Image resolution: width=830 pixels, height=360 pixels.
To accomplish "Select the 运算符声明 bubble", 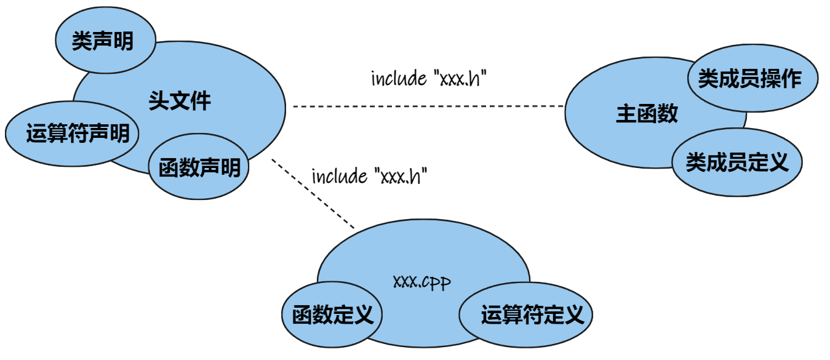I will point(73,133).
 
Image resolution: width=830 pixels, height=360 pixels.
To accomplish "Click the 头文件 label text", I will point(180,101).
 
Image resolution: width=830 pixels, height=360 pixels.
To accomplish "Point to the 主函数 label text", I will point(647,114).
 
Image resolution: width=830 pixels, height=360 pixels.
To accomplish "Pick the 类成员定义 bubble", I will point(736,162).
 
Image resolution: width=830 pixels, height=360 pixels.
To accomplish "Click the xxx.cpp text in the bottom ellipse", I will point(422,282).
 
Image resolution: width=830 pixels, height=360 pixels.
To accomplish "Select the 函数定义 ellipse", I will point(332,315).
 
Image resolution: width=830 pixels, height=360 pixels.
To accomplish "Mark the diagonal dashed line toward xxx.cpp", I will point(314,194).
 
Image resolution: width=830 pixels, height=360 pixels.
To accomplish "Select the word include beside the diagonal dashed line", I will point(340,177).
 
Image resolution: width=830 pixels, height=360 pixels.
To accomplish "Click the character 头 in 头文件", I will point(159,101).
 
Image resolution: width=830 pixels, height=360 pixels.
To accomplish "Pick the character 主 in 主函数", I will point(626,114).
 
